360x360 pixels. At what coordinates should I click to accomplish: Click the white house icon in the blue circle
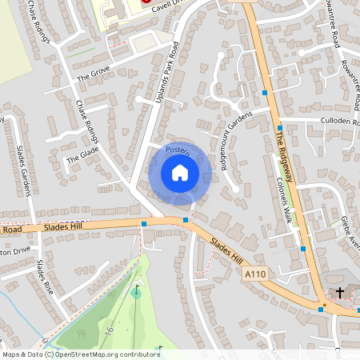[180, 173]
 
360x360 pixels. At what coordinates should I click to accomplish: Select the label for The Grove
[93, 77]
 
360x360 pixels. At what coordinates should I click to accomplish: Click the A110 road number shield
[254, 274]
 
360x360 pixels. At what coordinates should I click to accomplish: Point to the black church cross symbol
[339, 293]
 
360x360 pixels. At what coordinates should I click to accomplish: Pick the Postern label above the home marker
[177, 150]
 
